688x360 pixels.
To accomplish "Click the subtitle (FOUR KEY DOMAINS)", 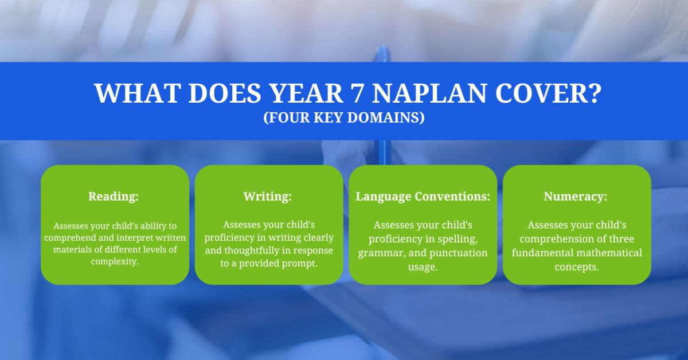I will tap(344, 118).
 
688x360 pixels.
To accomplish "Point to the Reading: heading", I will tap(114, 196).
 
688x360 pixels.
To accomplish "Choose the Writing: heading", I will tap(268, 196).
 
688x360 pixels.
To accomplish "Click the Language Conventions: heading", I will tap(423, 196).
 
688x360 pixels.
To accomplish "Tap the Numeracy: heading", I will tap(576, 196).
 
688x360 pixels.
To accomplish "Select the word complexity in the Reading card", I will tap(115, 261).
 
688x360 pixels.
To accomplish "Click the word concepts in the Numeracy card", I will tap(577, 267).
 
